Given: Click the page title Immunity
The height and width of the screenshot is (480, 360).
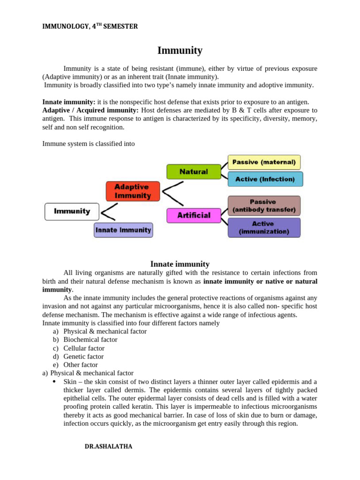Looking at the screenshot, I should [180, 51].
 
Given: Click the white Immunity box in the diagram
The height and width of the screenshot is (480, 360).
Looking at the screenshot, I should [72, 211].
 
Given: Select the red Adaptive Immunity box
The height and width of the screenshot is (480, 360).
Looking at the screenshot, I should [133, 191].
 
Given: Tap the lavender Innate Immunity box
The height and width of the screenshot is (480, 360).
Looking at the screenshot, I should [123, 230].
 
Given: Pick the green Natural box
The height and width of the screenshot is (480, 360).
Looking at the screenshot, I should [194, 172].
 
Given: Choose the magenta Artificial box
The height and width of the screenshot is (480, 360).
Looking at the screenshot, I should [194, 216].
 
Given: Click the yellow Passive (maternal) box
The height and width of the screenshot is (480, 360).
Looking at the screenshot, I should [264, 162].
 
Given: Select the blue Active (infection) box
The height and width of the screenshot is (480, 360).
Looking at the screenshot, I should [265, 179].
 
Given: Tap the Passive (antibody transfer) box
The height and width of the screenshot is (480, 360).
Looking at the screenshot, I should [263, 206].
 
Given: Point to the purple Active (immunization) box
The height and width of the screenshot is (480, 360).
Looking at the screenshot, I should [264, 227].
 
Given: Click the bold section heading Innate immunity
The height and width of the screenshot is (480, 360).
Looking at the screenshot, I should [180, 264].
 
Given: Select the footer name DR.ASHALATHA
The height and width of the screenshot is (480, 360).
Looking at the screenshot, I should [108, 447].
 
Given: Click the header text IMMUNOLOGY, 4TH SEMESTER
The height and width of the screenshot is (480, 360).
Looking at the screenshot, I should [90, 27].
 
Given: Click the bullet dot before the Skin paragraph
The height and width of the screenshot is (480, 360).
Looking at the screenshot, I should [55, 382].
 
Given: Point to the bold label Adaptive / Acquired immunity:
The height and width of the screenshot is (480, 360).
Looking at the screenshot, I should [90, 110].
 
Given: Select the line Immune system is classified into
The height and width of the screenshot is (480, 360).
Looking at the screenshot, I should [89, 144].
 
